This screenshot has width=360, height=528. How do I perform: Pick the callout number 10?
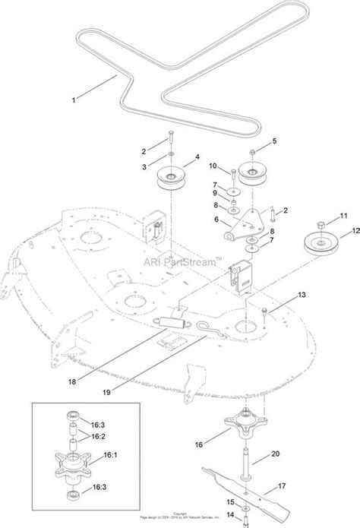(213, 166)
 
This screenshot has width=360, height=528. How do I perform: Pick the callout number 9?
(215, 193)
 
